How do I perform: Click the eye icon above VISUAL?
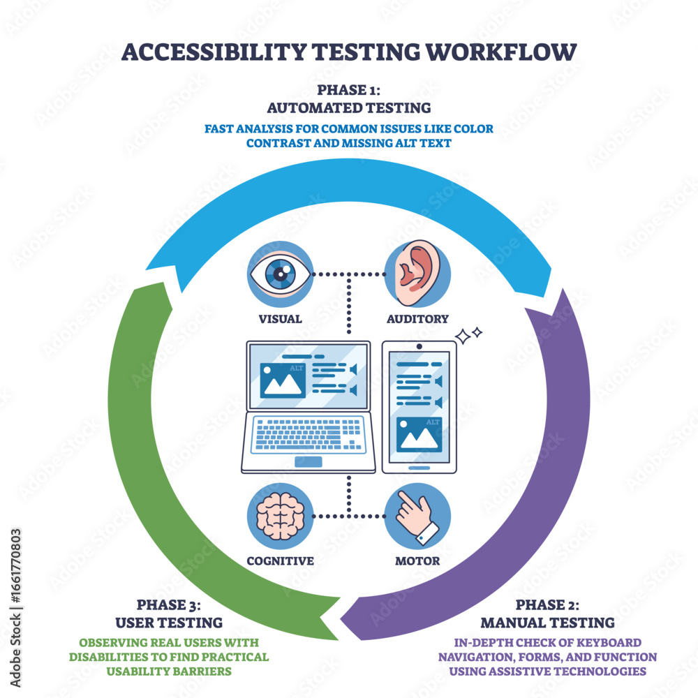pyautogui.click(x=279, y=274)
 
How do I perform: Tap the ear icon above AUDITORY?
pyautogui.click(x=417, y=274)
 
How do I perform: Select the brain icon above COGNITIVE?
pyautogui.click(x=279, y=516)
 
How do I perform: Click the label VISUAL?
pyautogui.click(x=279, y=319)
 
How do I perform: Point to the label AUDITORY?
pyautogui.click(x=417, y=319)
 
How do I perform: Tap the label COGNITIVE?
pyautogui.click(x=279, y=560)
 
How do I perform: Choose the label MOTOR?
pyautogui.click(x=417, y=560)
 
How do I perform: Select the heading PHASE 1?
pyautogui.click(x=349, y=90)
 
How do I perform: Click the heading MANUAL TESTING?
pyautogui.click(x=547, y=622)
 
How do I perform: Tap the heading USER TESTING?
pyautogui.click(x=170, y=622)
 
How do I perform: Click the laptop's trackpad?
pyautogui.click(x=308, y=461)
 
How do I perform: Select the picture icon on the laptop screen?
pyautogui.click(x=283, y=380)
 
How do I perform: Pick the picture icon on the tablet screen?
pyautogui.click(x=418, y=435)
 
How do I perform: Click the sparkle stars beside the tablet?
pyautogui.click(x=468, y=336)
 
